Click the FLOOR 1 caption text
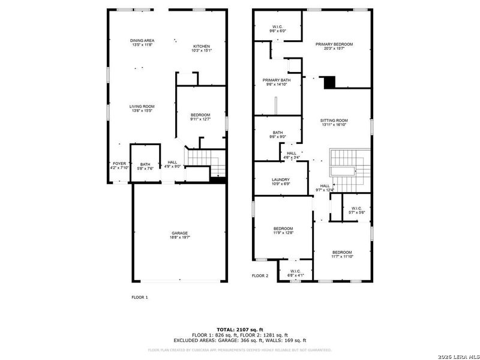[x=139, y=297]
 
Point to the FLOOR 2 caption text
[x=260, y=276]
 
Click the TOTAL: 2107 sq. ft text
[x=240, y=329]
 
